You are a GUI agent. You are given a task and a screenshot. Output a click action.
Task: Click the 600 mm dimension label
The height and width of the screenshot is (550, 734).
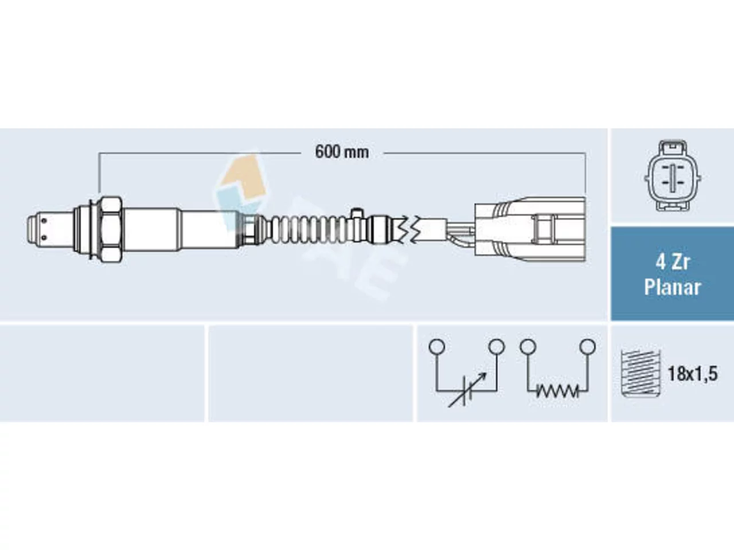pos(342,152)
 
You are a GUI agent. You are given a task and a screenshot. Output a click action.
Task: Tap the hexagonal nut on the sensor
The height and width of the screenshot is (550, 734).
pos(110,229)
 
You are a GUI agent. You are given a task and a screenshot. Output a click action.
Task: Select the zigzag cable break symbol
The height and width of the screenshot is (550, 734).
pos(409,229)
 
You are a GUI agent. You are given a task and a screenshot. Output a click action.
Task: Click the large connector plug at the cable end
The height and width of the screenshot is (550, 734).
pos(530,229)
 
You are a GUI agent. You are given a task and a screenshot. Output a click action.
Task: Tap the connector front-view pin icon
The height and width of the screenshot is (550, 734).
pos(673,176)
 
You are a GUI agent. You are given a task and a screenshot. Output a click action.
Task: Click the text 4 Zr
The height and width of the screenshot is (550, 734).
pos(672,262)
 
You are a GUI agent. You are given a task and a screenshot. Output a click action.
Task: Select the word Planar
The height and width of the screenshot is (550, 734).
pos(672,288)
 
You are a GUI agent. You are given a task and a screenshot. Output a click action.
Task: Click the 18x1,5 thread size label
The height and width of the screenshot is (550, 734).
pos(693,374)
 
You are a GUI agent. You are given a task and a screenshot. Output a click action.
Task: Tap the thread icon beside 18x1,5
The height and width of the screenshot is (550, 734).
pos(641,374)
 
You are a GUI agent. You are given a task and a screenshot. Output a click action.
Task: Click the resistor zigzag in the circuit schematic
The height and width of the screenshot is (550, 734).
pos(557,391)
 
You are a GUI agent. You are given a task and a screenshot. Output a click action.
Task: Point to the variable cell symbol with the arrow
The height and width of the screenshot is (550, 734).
pos(466,390)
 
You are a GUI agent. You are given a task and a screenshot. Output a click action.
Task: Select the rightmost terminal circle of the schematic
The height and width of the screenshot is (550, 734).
pos(588,347)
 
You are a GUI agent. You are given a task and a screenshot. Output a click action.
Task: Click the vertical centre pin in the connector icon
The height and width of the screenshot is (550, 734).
pos(673,177)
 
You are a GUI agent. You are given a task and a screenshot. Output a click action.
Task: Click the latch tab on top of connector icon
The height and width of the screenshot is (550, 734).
pos(673,147)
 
